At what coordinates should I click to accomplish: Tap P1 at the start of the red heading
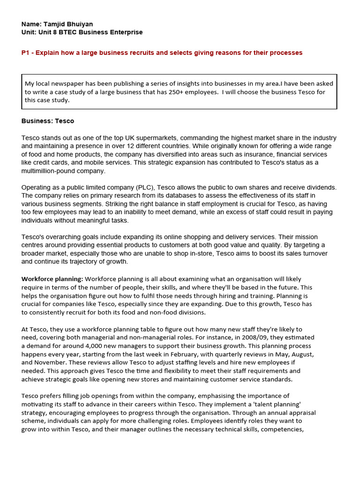(26, 52)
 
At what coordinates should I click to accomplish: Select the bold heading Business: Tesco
(48, 121)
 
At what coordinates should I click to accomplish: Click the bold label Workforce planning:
(52, 279)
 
